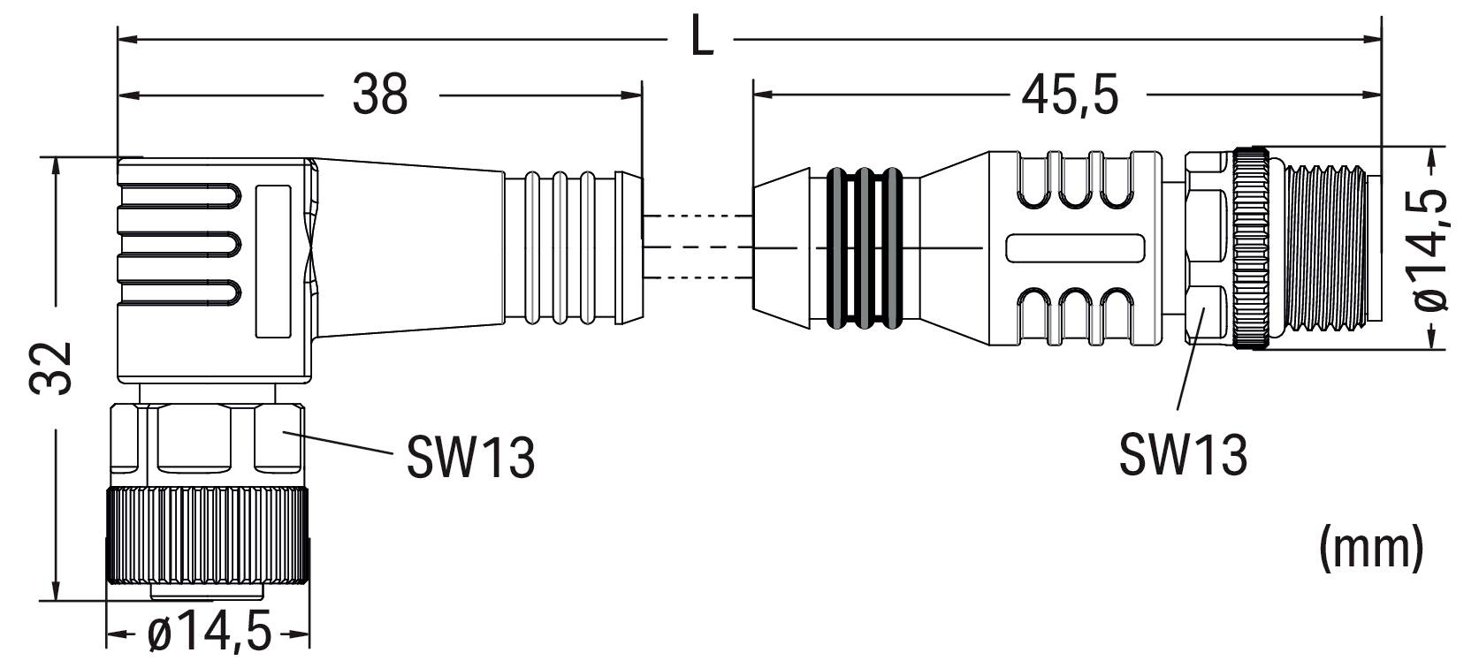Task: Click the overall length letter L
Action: [702, 39]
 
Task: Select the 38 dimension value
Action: [380, 94]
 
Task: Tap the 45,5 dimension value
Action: [1070, 94]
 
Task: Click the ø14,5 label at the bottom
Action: [210, 634]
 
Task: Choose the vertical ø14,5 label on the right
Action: [1431, 249]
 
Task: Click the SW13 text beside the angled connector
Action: [470, 457]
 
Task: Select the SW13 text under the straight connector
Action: [1183, 454]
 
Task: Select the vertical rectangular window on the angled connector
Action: [273, 261]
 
